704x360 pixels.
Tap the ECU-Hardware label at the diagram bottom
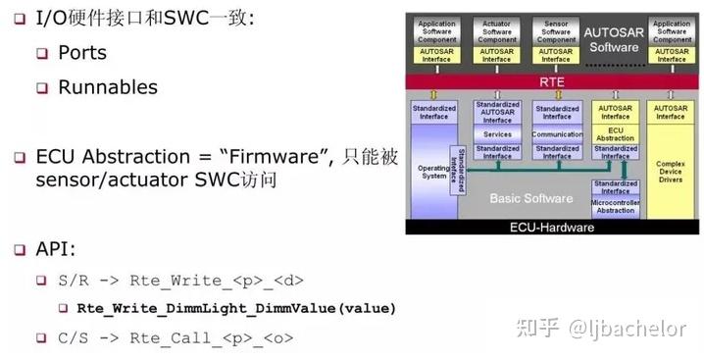coord(554,227)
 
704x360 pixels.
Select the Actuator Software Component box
coord(497,29)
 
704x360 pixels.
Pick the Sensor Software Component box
coord(556,29)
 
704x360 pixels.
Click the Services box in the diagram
coord(497,134)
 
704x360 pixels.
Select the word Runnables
coord(108,86)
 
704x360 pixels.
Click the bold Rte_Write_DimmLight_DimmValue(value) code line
coord(236,308)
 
